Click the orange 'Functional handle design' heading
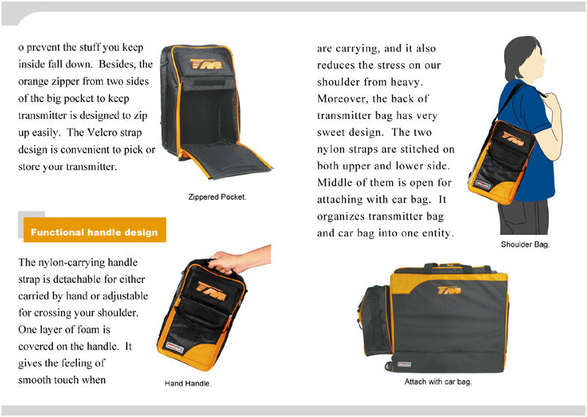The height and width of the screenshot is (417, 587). point(94,233)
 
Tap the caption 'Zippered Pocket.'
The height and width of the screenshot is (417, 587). point(217,197)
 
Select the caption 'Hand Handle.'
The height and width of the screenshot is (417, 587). point(188,383)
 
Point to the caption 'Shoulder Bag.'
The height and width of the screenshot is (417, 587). point(525,244)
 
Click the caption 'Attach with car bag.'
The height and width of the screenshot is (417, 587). point(438,382)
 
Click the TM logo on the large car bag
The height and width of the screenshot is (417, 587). point(449,291)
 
